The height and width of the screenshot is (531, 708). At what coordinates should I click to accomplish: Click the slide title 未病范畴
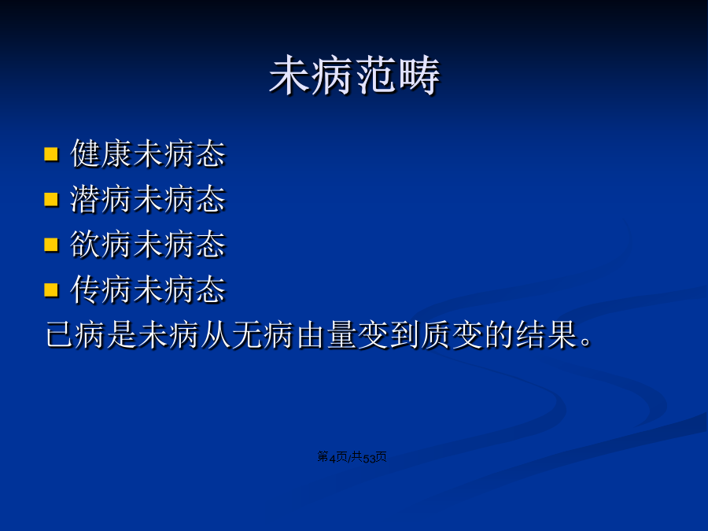pos(355,76)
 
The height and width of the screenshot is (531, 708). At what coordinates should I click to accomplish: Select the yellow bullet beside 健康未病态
pos(51,154)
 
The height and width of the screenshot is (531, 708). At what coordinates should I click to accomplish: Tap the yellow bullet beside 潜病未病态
pos(51,199)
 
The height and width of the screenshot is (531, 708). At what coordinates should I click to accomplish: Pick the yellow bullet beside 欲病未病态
pos(51,245)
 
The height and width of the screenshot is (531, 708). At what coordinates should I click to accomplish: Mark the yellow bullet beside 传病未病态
pos(51,289)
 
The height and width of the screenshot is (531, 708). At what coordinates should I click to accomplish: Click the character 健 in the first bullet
pos(85,153)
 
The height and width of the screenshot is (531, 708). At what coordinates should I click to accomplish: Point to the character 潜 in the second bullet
pos(85,199)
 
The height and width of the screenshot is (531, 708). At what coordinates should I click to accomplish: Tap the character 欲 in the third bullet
pos(85,244)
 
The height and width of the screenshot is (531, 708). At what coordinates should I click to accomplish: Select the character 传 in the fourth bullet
pos(85,289)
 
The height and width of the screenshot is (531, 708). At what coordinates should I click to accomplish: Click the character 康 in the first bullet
pos(116,153)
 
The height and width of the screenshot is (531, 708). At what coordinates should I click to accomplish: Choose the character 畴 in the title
pos(419,76)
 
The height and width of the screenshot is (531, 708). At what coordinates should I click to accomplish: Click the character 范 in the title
pos(376,76)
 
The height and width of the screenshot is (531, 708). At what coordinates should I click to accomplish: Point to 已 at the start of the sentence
pos(61,334)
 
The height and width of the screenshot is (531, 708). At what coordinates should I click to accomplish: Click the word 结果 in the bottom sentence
pos(545,334)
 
